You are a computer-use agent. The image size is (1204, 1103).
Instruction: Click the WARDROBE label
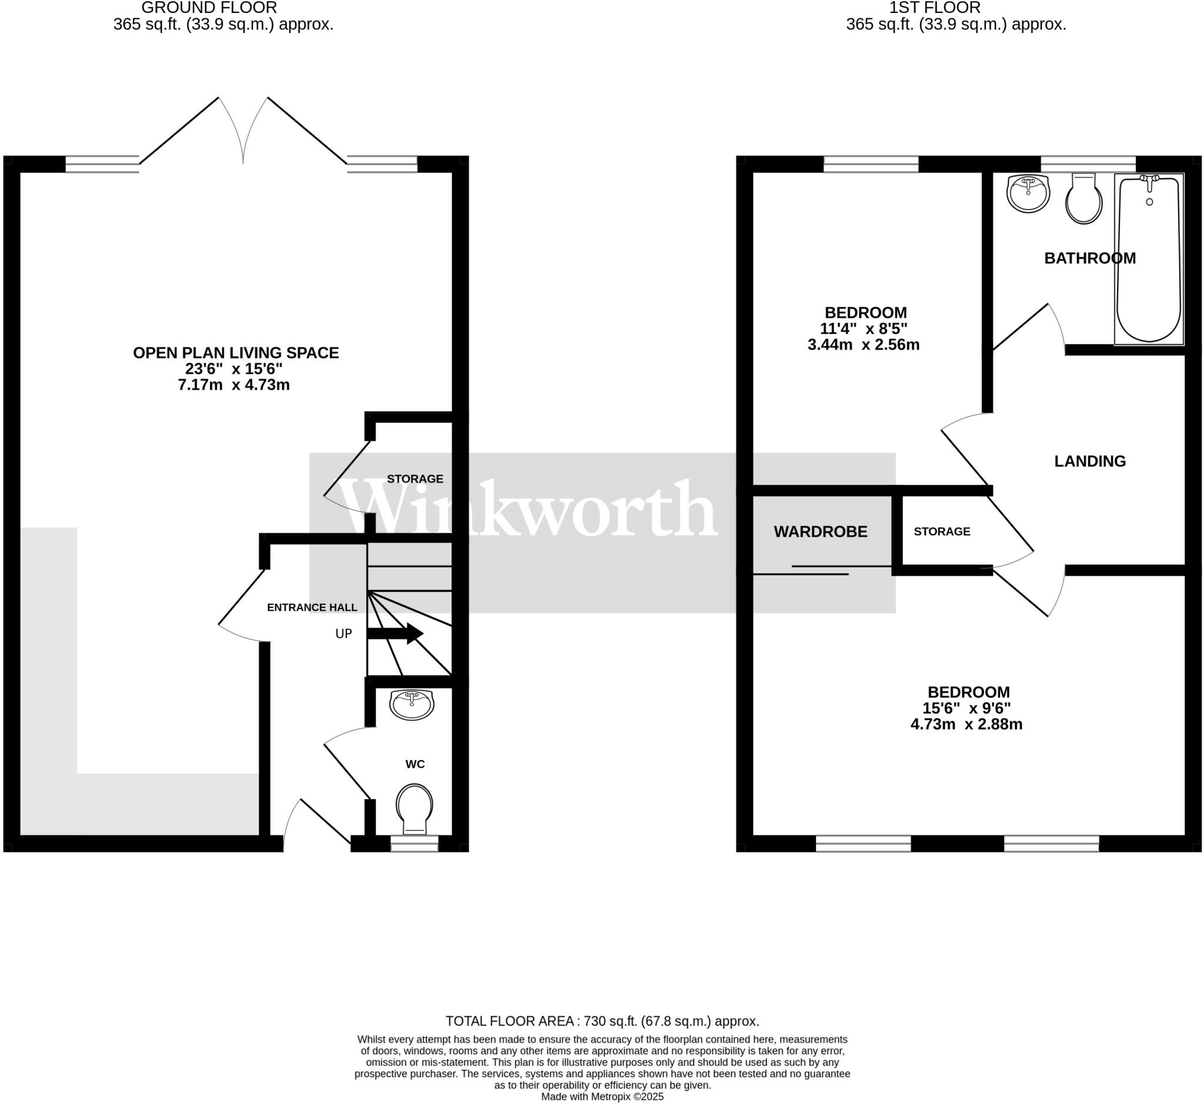click(820, 532)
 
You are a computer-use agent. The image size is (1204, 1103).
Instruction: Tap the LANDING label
click(1089, 461)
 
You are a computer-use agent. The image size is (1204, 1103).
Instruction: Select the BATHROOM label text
click(1089, 259)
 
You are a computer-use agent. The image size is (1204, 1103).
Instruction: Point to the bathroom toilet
click(1084, 200)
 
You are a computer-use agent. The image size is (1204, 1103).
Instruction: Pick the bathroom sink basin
click(1028, 192)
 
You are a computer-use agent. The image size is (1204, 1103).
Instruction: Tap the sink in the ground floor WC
click(412, 704)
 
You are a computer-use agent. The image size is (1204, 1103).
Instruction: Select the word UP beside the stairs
click(343, 634)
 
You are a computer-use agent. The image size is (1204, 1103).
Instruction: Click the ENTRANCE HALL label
click(312, 607)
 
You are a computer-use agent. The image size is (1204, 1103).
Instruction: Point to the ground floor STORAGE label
click(415, 479)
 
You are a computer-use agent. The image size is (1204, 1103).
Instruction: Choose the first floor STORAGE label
click(942, 532)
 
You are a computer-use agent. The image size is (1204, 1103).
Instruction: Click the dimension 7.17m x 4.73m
click(233, 385)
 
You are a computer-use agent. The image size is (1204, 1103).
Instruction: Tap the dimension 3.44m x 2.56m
click(863, 345)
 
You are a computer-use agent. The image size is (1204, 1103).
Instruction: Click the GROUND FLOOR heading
click(209, 8)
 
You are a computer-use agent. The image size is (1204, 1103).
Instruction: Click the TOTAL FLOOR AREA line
click(602, 1021)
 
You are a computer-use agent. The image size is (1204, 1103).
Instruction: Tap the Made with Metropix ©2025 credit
click(602, 1097)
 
